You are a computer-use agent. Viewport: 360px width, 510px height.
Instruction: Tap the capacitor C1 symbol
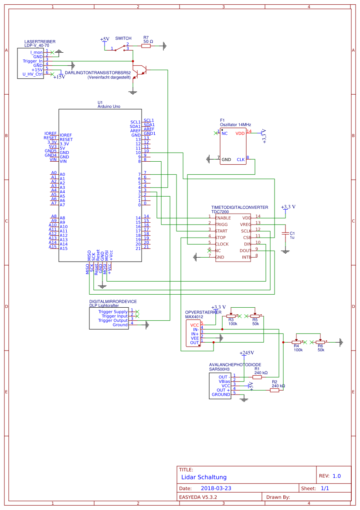285,234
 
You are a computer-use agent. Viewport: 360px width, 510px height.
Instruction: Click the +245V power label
247,353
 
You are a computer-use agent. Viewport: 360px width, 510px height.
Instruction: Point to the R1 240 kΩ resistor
257,377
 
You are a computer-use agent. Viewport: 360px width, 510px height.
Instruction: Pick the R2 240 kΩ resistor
274,390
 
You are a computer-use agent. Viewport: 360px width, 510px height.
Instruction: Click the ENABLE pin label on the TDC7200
223,218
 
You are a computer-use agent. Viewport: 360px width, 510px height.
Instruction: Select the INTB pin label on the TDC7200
247,257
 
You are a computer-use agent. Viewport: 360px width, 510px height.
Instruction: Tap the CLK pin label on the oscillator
241,160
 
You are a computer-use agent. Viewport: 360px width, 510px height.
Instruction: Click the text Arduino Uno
109,106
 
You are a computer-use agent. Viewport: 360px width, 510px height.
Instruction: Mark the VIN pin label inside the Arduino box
64,161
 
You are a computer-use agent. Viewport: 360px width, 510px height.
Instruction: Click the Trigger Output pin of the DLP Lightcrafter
113,320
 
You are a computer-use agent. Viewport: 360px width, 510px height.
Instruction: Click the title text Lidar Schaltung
204,477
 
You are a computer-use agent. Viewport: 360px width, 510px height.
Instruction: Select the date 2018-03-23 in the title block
216,488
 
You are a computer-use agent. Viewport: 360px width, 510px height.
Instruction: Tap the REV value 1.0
336,476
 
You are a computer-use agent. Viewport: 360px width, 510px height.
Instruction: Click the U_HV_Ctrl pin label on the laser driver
33,74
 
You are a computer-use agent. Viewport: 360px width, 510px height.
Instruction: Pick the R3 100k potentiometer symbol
231,316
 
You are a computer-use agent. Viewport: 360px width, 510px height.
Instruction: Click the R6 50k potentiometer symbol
320,342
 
